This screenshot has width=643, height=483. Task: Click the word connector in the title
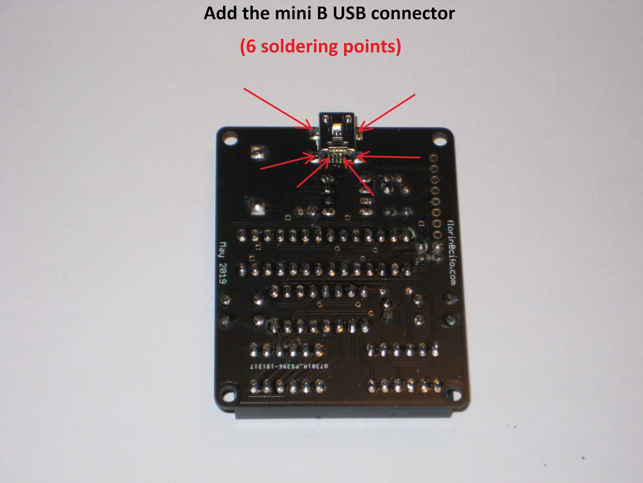coord(413,14)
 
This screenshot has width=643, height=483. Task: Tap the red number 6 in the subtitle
coord(250,46)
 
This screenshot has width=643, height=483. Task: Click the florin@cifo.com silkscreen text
coord(452,252)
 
